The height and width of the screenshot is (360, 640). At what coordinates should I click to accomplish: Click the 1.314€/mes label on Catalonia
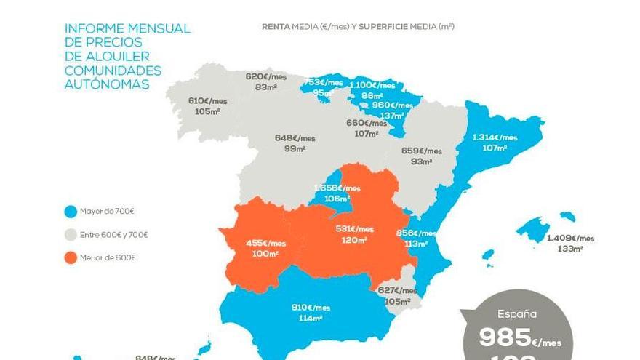[495, 137]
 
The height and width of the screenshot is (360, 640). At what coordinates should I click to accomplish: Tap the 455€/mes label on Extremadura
[265, 244]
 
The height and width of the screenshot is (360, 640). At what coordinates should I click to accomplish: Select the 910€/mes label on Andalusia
[311, 308]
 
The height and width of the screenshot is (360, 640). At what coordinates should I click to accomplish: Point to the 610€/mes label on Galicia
[208, 101]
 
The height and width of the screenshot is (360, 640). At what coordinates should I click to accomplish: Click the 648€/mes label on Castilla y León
[295, 138]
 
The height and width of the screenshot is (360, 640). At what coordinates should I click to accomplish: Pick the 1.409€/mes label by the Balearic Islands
[570, 238]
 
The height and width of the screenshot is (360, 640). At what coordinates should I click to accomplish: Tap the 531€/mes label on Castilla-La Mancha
[354, 229]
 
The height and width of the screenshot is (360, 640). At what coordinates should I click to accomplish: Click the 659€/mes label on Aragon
[422, 151]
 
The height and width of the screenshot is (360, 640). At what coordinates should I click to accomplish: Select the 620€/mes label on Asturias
[266, 76]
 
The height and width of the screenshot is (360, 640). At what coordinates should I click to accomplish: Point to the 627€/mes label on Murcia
[398, 291]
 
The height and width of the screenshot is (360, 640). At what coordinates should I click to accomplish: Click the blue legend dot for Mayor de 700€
[70, 212]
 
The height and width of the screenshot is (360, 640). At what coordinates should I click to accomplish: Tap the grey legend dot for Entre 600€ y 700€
[70, 235]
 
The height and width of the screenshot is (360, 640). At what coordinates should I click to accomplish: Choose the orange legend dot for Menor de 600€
[70, 257]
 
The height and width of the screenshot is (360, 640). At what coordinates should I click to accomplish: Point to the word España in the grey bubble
[517, 314]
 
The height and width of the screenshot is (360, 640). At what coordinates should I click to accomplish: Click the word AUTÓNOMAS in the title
[107, 84]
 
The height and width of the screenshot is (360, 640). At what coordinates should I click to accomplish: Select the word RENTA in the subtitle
[276, 27]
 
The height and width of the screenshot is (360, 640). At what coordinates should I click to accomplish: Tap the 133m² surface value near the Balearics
[570, 249]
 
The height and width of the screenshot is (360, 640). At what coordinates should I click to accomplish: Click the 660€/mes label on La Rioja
[367, 123]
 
